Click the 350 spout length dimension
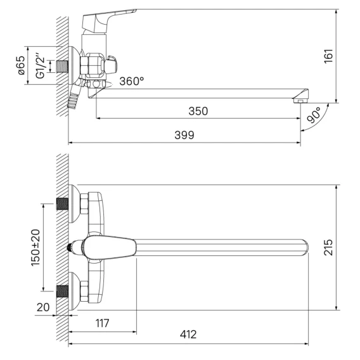click(198, 111)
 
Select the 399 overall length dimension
click(184, 135)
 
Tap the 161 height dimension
click(328, 56)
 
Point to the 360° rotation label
click(132, 81)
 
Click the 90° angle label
click(314, 115)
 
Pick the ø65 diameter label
click(21, 65)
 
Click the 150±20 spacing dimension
click(35, 247)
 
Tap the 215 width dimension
click(328, 247)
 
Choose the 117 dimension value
click(103, 323)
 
